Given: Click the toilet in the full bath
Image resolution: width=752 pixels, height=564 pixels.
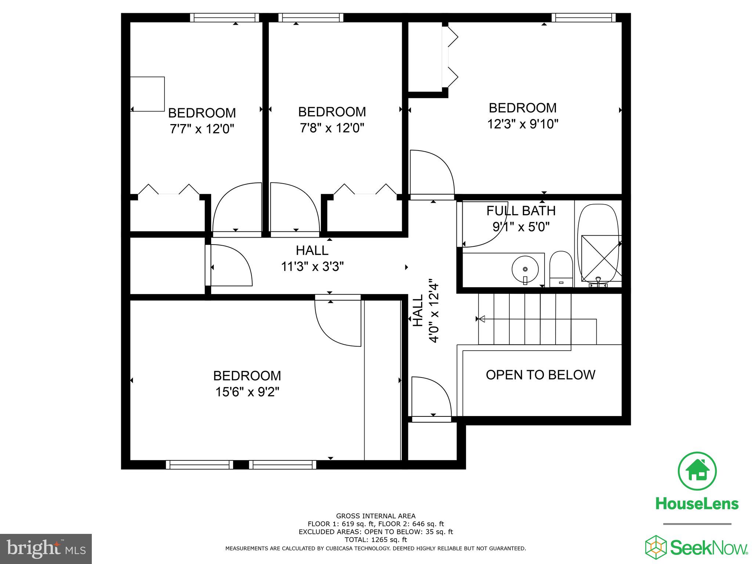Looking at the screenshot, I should (561, 268).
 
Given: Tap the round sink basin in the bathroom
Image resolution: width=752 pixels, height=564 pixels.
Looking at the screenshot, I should (525, 269).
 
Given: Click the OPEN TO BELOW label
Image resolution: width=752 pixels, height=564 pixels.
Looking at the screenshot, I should (540, 375).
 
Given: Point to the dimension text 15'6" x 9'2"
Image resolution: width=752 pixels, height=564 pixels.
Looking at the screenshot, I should (247, 392).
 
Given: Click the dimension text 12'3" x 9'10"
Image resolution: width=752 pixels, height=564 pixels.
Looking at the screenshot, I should (523, 124).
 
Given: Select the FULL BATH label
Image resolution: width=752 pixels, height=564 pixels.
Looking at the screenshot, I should (521, 211).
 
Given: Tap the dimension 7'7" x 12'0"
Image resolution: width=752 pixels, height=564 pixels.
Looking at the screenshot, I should (202, 129).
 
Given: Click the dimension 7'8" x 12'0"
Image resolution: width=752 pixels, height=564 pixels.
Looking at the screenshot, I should (332, 128).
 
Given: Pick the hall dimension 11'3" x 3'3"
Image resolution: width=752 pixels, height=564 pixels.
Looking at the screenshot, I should (312, 266).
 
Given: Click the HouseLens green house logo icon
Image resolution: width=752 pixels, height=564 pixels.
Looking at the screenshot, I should (697, 471).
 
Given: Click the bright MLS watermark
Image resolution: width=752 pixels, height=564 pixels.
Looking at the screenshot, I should (46, 549).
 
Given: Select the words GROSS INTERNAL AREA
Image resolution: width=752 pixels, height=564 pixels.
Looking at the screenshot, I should (376, 516).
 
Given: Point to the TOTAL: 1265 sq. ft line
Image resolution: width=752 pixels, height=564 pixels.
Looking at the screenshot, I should (376, 540).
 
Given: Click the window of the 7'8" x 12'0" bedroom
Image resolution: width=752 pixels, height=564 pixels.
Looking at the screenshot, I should (311, 18).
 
